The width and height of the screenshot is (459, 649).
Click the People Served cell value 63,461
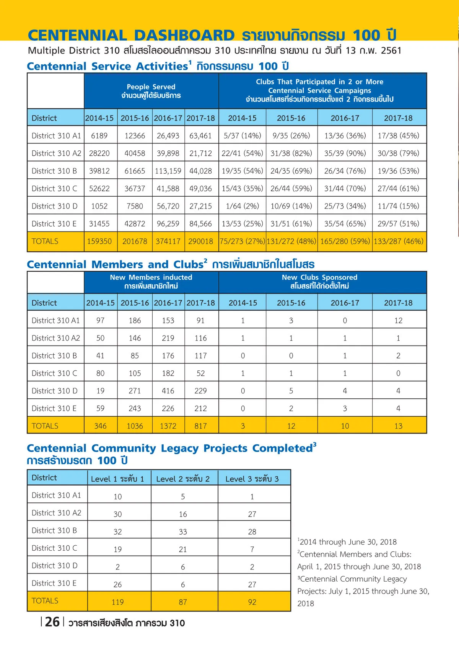point(200,135)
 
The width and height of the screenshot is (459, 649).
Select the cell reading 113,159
point(168,171)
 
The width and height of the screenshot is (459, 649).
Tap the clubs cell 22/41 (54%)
point(243,153)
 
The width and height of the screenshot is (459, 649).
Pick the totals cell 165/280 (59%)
point(345,241)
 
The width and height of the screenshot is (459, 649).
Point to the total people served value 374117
point(168,241)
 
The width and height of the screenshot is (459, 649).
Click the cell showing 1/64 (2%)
point(243,206)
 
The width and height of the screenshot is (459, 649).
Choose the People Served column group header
point(151,91)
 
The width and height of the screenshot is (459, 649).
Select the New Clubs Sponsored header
point(319,282)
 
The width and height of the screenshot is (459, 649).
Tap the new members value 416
point(168,391)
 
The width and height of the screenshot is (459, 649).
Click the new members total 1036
point(135,426)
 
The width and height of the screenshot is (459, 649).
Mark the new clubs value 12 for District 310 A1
point(398,320)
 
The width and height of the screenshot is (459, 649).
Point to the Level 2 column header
point(183,479)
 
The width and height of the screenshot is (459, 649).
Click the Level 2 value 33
point(183,532)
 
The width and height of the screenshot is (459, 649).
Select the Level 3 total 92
point(252,602)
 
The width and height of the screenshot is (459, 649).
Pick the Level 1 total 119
point(117,602)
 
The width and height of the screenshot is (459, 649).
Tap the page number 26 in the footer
point(52,622)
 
